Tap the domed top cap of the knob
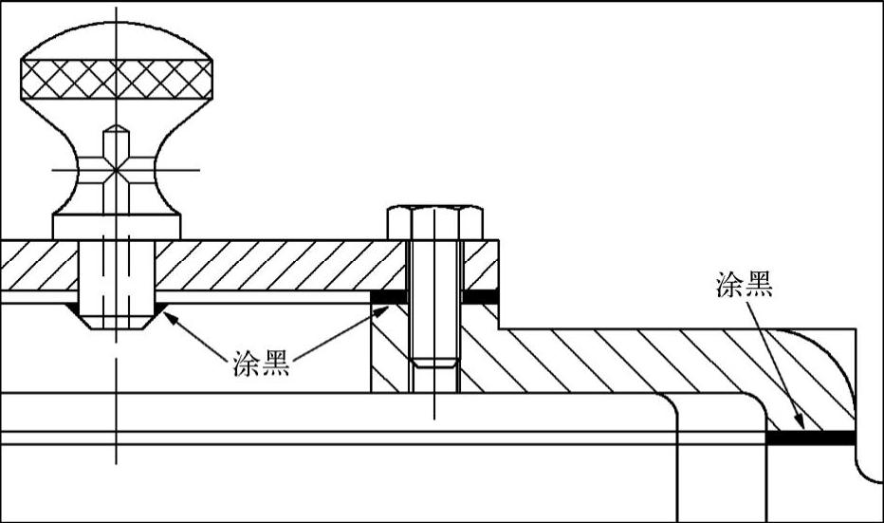pos(116,43)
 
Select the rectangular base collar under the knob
pos(116,227)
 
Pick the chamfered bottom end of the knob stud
pos(116,320)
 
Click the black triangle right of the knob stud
pos(160,308)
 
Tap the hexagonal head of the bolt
pos(435,222)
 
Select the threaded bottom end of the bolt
pos(435,362)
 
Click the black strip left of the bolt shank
pos(389,297)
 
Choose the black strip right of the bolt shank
pos(481,297)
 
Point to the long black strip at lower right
pos(812,438)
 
